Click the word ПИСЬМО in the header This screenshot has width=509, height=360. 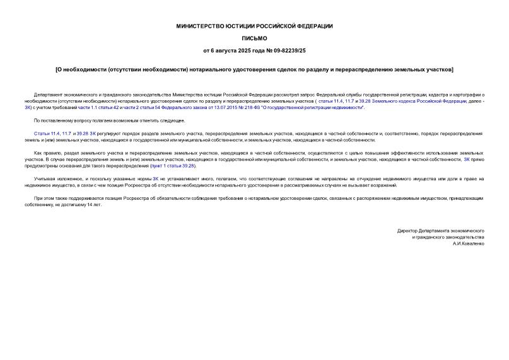click(254, 38)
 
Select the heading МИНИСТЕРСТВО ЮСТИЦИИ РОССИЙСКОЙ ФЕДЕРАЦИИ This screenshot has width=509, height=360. click(254, 26)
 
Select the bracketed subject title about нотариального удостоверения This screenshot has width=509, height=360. click(254, 69)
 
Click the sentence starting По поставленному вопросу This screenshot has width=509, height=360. click(109, 120)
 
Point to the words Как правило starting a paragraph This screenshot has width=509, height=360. click(47, 153)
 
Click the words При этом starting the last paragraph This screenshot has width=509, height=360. click(44, 199)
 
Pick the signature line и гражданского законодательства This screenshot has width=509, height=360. click(447, 237)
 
